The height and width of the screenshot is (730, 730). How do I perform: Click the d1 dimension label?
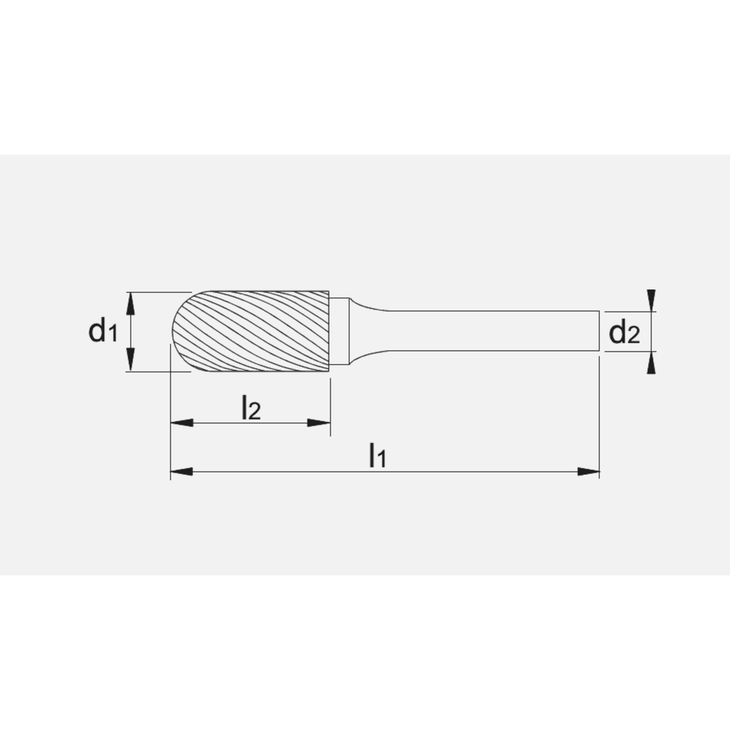click(x=102, y=331)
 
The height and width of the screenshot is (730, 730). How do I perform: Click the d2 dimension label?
click(x=624, y=333)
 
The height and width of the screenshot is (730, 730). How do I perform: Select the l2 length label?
click(x=250, y=410)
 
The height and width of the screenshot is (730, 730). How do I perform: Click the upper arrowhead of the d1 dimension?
click(x=131, y=301)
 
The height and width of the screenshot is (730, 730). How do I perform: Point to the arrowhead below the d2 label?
click(x=651, y=363)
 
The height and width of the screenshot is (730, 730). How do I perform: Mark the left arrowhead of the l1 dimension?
click(x=180, y=472)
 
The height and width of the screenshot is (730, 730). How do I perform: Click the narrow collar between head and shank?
click(x=339, y=331)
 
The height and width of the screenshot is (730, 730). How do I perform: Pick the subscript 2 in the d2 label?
click(x=634, y=336)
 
